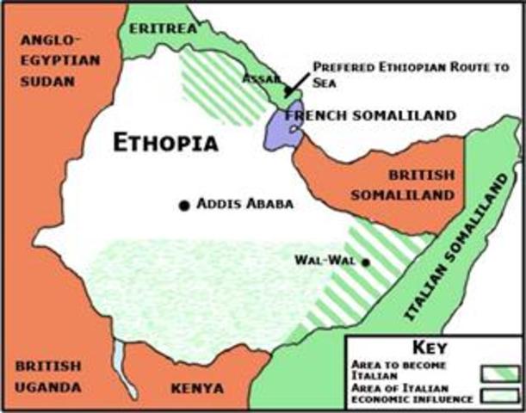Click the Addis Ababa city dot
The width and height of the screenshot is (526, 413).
point(183,206)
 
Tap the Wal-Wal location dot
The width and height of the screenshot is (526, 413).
point(366,262)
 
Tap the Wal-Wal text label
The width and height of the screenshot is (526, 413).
point(326,259)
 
